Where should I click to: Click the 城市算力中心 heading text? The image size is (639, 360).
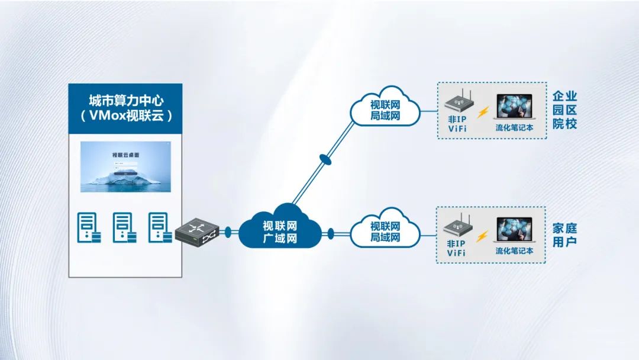(x=125, y=99)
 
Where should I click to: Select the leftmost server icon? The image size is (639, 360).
(x=88, y=227)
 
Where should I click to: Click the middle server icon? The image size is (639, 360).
(x=124, y=227)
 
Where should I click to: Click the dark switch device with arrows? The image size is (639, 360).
(x=197, y=231)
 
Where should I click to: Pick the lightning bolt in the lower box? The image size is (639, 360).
(x=483, y=236)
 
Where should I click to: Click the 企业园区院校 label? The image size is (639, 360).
(x=564, y=110)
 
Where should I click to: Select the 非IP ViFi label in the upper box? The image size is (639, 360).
(x=456, y=123)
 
